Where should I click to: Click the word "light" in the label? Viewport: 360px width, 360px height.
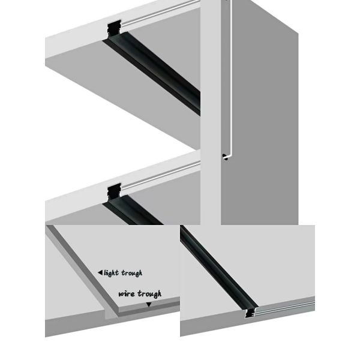coord(111,273)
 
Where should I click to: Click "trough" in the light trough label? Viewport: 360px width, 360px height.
coord(132,273)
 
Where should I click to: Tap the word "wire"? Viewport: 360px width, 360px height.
coord(127,293)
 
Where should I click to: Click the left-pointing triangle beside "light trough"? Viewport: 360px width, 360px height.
coord(100,272)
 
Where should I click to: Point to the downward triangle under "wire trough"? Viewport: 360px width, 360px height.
coord(149,305)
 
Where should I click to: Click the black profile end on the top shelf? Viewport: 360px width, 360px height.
coord(114,29)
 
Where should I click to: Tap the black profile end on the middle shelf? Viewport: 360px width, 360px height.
coord(114,192)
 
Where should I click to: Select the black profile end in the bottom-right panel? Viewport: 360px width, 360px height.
coord(250,313)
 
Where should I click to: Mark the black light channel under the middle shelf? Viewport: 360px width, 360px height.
coord(133,210)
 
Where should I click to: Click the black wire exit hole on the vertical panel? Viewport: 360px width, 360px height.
coord(225,157)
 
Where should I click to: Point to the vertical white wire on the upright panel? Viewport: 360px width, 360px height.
coord(231,78)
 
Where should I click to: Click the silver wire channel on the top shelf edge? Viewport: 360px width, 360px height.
coord(161,13)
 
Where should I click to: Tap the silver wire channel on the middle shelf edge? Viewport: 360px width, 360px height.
coord(161,176)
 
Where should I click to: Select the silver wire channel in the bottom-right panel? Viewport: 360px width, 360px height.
coord(284,308)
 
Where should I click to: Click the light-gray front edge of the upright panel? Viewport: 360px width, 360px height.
coord(211,113)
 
